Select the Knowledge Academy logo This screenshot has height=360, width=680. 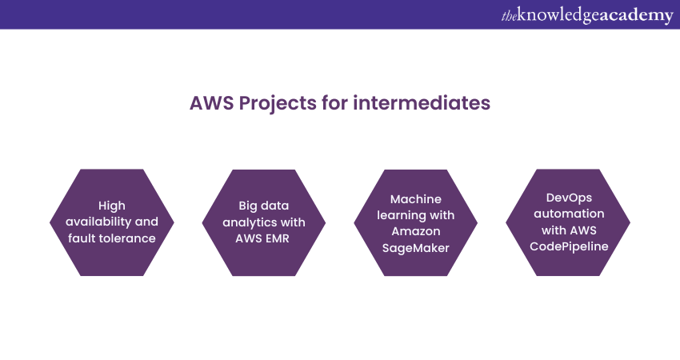586,15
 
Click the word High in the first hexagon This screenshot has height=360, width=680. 111,206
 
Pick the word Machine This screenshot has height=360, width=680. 416,199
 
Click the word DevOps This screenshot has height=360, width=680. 567,199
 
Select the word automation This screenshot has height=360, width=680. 567,214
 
